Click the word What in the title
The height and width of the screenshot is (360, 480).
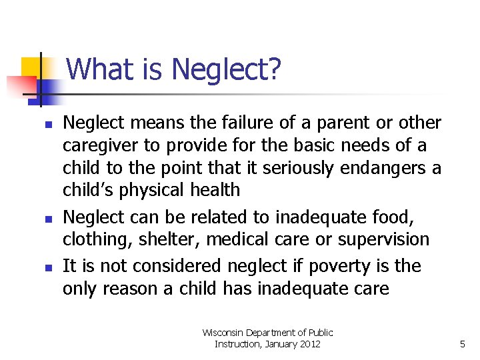[x=94, y=69]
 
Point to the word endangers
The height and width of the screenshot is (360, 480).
[x=382, y=167]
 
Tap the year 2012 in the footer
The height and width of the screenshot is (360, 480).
[x=309, y=344]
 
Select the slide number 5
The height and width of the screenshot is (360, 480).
[x=462, y=344]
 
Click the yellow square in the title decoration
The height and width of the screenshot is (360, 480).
[x=31, y=69]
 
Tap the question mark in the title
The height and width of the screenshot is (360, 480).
[x=274, y=69]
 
